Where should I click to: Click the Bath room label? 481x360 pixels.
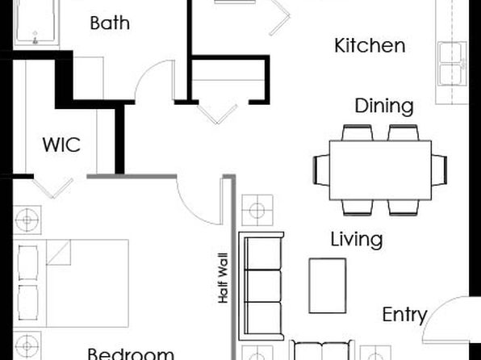tap(110, 23)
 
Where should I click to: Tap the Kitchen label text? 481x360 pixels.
tap(370, 45)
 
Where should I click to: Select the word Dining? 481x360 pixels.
tap(384, 107)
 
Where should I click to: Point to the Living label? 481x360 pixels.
tap(357, 240)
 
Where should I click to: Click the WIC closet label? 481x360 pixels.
tap(61, 144)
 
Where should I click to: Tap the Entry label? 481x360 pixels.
tap(404, 315)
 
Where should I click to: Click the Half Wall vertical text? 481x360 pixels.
tap(223, 278)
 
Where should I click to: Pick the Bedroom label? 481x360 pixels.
tap(131, 354)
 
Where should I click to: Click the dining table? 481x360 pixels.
tap(380, 170)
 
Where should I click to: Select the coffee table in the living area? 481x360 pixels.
tap(328, 286)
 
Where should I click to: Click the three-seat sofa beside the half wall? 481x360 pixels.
tap(261, 286)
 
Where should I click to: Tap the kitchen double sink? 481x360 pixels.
tap(452, 64)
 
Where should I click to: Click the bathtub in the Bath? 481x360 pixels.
tap(36, 23)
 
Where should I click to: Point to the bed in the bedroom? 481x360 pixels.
tap(71, 283)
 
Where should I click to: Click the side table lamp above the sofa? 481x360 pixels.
tap(257, 210)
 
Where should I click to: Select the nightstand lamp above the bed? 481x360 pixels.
tap(27, 220)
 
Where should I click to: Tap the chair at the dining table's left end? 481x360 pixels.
tap(321, 170)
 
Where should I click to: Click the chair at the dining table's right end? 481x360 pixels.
tap(439, 170)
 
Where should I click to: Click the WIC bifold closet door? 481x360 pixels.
tap(53, 188)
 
